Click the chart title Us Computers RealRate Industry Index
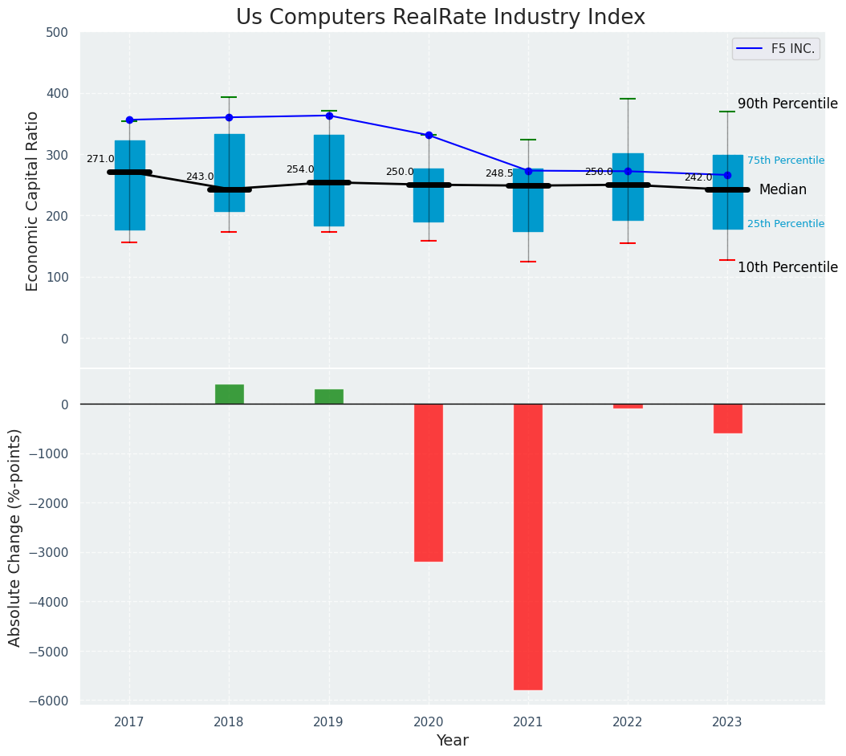440,18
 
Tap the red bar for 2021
528,547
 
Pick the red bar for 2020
429,482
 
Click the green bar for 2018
230,394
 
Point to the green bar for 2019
329,396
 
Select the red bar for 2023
727,418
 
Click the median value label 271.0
100,159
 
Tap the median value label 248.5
499,173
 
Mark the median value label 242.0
698,177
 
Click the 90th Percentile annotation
787,104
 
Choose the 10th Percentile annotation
787,267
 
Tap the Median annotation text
783,190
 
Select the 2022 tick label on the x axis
628,722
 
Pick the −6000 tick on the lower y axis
51,701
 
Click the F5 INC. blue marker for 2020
429,136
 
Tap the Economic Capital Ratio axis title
33,201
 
